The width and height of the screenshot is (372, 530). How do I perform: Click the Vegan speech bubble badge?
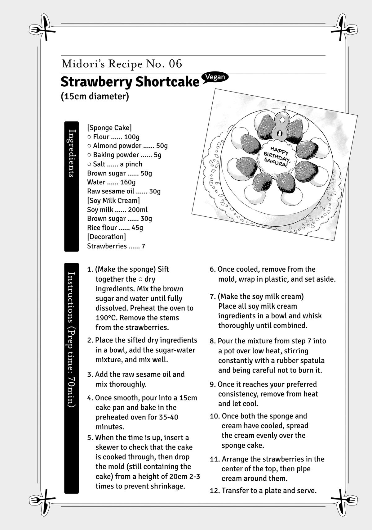[x=215, y=78]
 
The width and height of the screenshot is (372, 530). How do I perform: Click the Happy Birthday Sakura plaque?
[x=277, y=156]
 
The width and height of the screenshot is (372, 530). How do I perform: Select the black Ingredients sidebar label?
[x=72, y=186]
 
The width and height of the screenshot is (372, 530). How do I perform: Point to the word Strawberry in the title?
[x=96, y=82]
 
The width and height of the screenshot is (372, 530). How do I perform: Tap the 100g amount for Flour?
[x=132, y=137]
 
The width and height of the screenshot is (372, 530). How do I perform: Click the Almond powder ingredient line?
[x=127, y=146]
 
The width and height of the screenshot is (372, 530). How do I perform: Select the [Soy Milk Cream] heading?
[x=113, y=200]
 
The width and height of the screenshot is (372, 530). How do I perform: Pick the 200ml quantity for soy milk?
[x=138, y=210]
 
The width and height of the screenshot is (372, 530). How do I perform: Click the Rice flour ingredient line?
[x=115, y=228]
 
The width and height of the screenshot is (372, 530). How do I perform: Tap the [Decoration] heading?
[x=107, y=237]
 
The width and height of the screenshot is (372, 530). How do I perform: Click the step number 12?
[x=215, y=491]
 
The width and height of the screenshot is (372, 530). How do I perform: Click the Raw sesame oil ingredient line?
[x=124, y=191]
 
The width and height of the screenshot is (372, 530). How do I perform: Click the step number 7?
[x=212, y=297]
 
